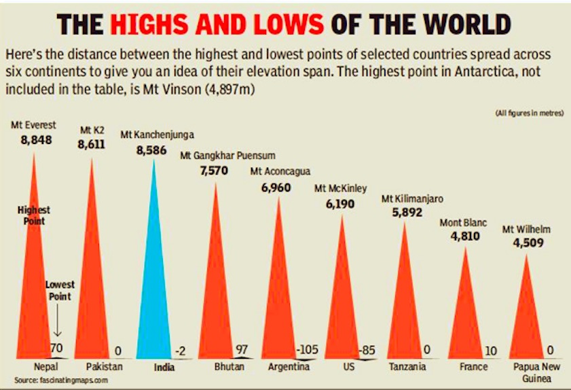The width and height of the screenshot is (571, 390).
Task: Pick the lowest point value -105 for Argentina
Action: (308, 351)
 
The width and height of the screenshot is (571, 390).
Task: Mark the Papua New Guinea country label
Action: (534, 372)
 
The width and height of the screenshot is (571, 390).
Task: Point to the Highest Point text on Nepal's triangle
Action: (33, 215)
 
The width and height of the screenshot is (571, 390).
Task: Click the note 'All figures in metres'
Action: (530, 113)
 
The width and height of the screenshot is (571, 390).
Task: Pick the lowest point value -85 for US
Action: (367, 351)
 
